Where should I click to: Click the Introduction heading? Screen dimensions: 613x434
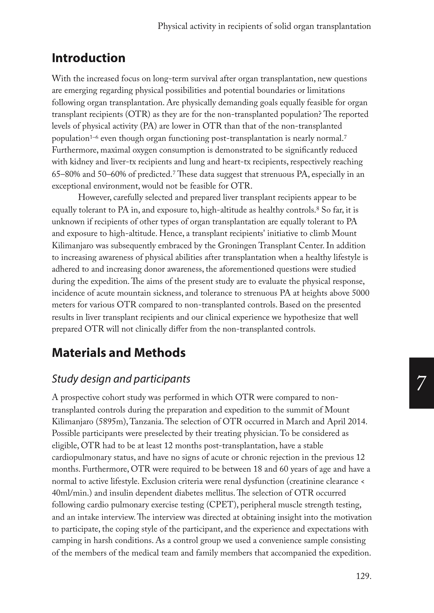click(x=89, y=58)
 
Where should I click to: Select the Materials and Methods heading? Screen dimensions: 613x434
click(x=119, y=353)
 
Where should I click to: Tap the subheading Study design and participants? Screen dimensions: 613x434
click(x=121, y=379)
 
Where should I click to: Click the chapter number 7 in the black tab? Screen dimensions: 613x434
click(x=421, y=383)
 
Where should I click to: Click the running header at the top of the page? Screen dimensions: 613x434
click(x=264, y=26)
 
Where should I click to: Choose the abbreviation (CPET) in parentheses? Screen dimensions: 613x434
click(x=221, y=505)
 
